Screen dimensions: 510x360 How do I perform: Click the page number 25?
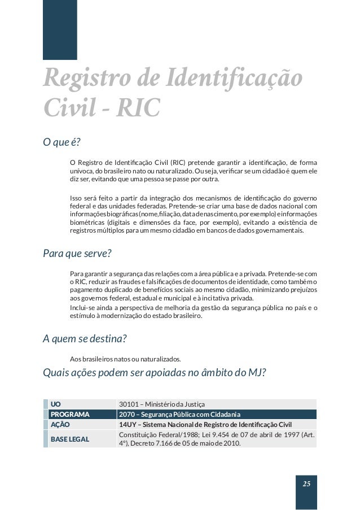[x=306, y=484]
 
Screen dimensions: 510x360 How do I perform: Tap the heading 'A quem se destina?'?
[x=85, y=339]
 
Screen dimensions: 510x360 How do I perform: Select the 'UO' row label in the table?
[x=56, y=404]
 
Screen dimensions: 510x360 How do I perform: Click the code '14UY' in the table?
[x=128, y=425]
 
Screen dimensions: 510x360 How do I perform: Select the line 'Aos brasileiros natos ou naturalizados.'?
[x=125, y=359]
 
